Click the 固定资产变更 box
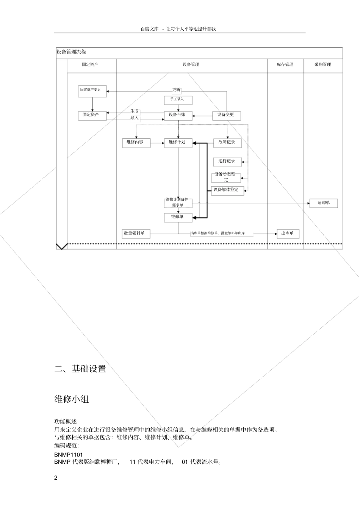point(92,91)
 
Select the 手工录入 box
point(178,100)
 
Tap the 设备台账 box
point(178,115)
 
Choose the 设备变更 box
point(226,115)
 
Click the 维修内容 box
point(136,143)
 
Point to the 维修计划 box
point(178,143)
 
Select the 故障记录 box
point(227,143)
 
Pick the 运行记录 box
point(227,162)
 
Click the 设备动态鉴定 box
point(226,177)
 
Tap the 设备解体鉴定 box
point(227,190)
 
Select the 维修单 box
point(178,217)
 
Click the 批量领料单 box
point(136,234)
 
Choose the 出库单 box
point(288,234)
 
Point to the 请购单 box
point(323,203)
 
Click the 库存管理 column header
point(285,65)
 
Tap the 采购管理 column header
point(323,65)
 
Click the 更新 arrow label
point(176,90)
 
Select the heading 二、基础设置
point(80,369)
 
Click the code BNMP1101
point(69,455)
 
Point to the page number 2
point(56,477)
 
